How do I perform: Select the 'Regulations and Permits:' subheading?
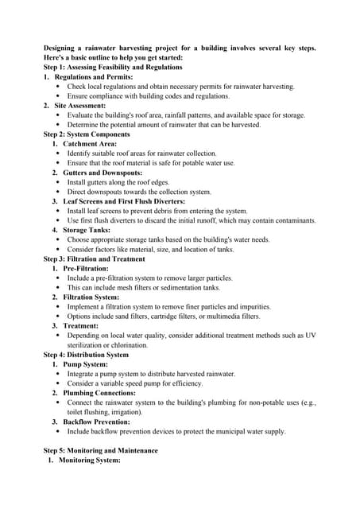pyautogui.click(x=95, y=77)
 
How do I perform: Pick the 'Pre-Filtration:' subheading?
pyautogui.click(x=87, y=268)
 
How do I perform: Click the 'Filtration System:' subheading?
pyautogui.click(x=95, y=297)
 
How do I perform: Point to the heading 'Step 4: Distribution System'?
pyautogui.click(x=86, y=355)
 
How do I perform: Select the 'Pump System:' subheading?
pyautogui.click(x=87, y=364)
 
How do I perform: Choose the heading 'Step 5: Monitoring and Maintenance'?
pyautogui.click(x=100, y=451)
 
